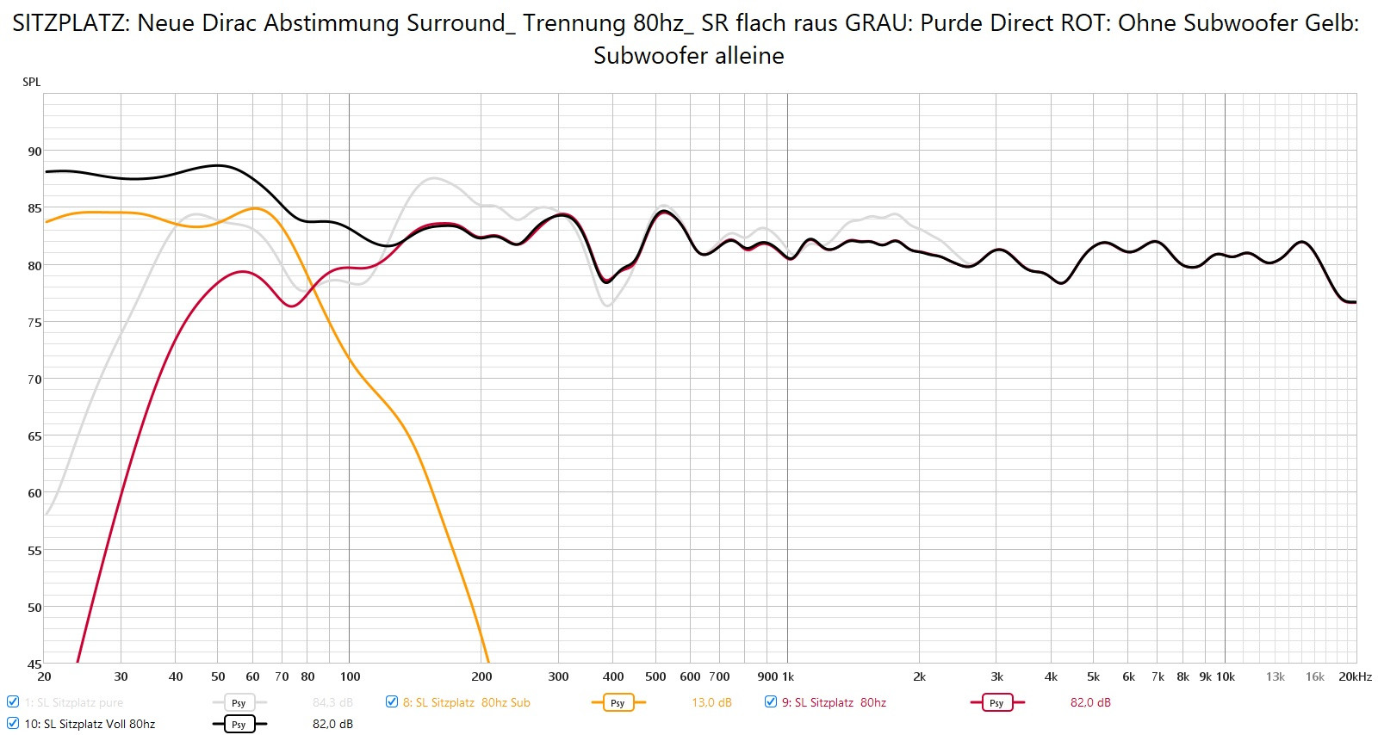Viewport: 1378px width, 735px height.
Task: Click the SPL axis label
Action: point(31,82)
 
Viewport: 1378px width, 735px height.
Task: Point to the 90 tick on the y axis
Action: point(34,151)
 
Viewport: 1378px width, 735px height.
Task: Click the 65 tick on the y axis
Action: point(34,436)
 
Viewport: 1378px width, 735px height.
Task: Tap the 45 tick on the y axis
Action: point(34,664)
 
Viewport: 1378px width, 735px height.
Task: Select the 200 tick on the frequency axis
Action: point(481,676)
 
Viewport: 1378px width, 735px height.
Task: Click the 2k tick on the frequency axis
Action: point(919,676)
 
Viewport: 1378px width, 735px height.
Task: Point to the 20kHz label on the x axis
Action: point(1355,676)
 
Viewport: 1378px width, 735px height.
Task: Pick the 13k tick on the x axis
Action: point(1275,676)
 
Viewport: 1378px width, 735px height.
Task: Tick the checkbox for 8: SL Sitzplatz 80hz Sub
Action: point(392,701)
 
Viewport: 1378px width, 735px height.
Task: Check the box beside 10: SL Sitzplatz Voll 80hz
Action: point(13,723)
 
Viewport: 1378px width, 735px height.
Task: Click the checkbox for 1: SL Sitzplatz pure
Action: point(13,701)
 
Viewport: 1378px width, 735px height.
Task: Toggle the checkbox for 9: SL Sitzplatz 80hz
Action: point(771,701)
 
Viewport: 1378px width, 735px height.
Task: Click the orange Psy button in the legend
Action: point(618,702)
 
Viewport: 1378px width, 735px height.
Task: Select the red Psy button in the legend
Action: point(996,702)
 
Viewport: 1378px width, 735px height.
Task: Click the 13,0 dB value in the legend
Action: point(711,702)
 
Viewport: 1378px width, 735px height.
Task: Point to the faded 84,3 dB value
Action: point(332,702)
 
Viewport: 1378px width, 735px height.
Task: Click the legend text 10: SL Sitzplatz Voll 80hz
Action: point(90,724)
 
